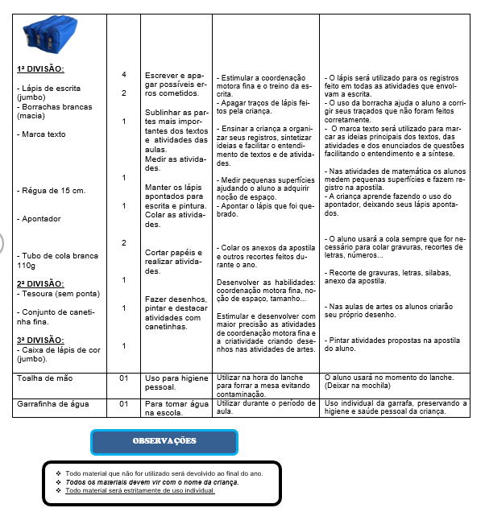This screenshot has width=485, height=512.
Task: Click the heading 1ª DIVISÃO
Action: [x=41, y=68]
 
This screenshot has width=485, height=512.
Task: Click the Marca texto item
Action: [x=41, y=134]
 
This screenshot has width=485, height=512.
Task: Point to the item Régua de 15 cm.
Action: [x=48, y=191]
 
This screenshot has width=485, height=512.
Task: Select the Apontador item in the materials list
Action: [x=42, y=218]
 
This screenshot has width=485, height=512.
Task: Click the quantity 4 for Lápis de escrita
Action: [x=123, y=75]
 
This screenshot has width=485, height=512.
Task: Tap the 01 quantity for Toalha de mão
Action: [x=124, y=377]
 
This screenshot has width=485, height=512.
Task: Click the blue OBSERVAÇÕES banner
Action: [x=164, y=441]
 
